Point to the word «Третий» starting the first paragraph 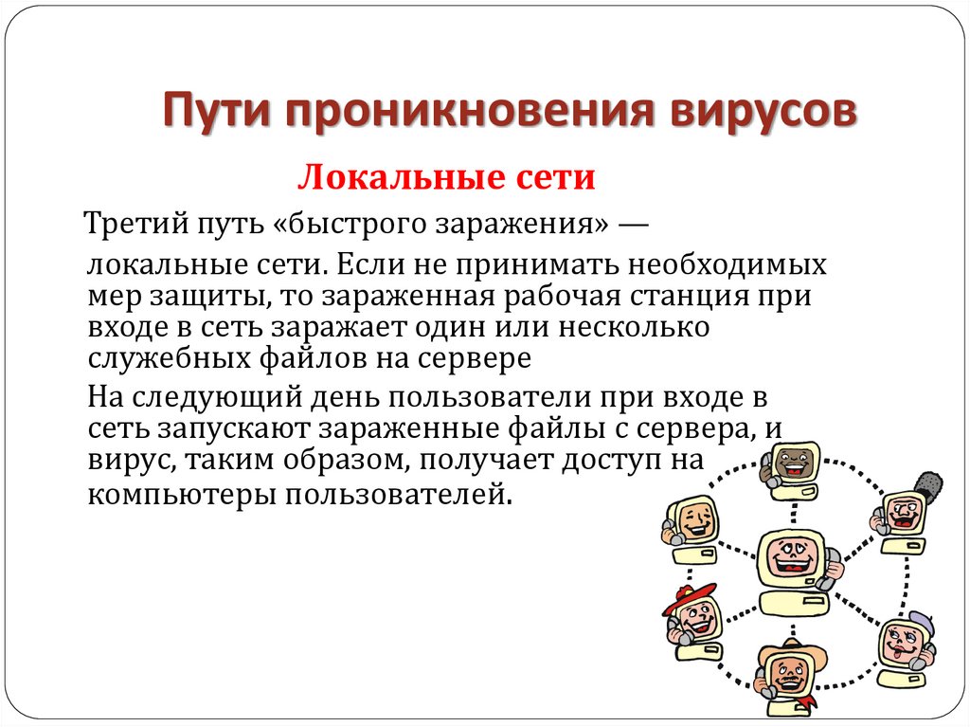(134, 226)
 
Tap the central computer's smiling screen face (791, 555)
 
